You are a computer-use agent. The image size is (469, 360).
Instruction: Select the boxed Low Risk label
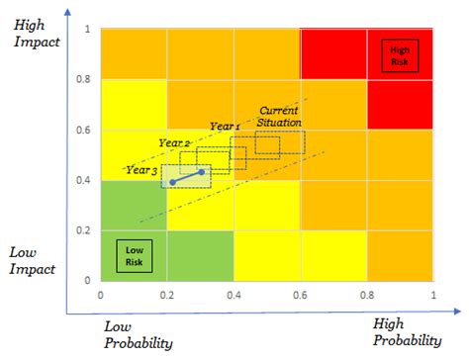pos(134,256)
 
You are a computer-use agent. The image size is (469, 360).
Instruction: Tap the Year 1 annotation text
pos(225,127)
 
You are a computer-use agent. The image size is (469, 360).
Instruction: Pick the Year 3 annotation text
pos(141,169)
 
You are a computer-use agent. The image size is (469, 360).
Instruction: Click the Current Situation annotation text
pos(279,115)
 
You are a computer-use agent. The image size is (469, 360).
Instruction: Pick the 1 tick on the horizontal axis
pos(433,295)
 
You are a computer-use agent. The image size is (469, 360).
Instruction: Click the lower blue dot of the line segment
pos(173,183)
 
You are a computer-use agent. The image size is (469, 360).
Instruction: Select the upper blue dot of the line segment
pos(203,172)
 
